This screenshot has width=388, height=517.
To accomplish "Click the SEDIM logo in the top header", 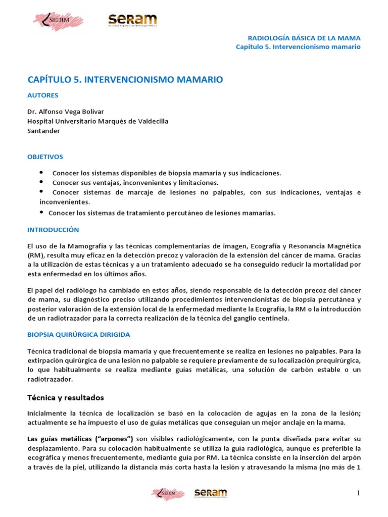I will (58, 21).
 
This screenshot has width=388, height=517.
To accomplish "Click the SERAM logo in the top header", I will (132, 20).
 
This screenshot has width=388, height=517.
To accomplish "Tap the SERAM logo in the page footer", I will (211, 493).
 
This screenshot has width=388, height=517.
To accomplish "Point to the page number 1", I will (358, 493).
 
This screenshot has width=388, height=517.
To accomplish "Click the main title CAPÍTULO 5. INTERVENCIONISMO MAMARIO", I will (125, 80).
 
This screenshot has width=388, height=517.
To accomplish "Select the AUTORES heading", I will (42, 95).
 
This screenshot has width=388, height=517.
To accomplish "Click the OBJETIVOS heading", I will (45, 157).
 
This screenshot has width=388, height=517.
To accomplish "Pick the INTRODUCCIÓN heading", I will (53, 230).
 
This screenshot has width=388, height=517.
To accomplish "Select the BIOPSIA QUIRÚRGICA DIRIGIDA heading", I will (78, 335).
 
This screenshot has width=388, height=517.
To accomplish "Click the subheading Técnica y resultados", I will (65, 397).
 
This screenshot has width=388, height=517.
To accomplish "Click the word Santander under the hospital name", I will (43, 131).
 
